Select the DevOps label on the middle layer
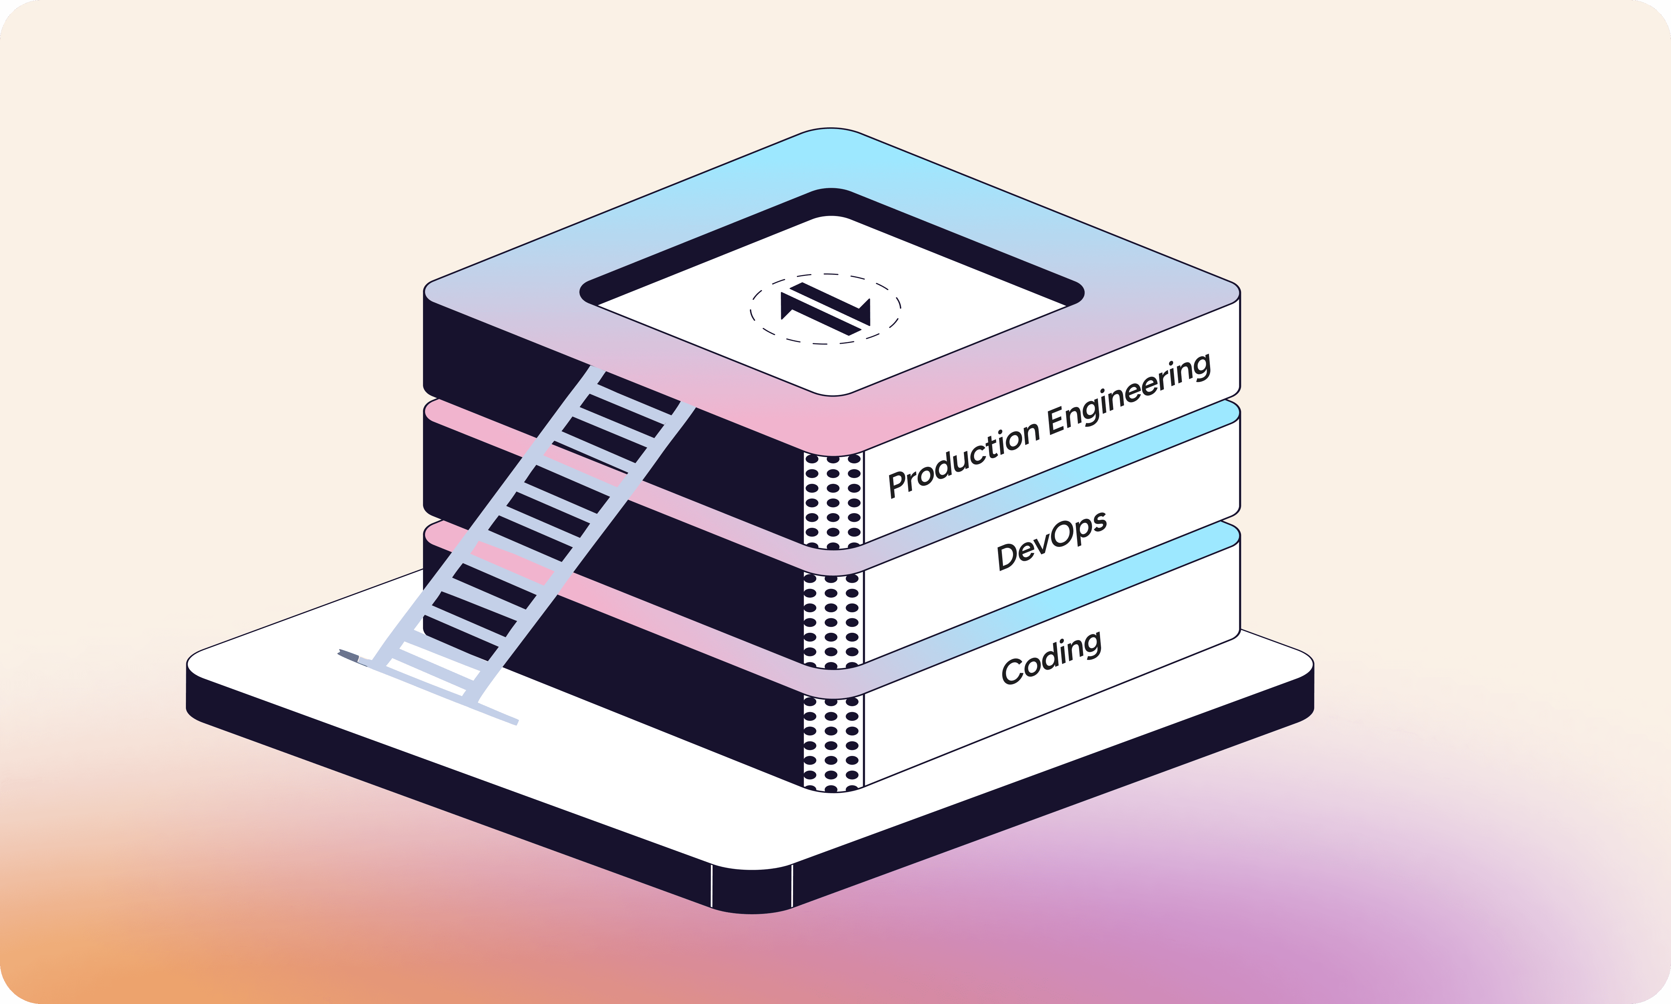point(1051,540)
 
